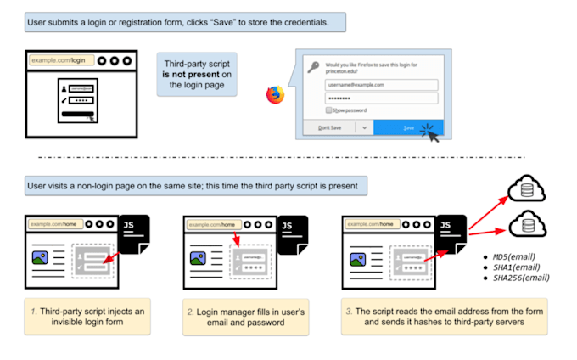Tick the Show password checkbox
pos(328,110)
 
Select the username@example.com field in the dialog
pos(379,85)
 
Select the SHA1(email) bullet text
pos(516,267)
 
